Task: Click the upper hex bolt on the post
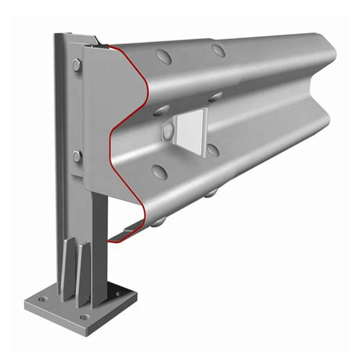[76, 66]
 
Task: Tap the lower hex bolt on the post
[77, 156]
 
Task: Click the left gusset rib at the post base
[67, 269]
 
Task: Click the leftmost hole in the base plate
[42, 300]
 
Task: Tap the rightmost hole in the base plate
[118, 294]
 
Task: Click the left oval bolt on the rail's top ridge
[163, 56]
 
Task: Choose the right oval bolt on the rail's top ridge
[218, 51]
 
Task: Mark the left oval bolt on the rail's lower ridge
[159, 171]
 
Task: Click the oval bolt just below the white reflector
[212, 150]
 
